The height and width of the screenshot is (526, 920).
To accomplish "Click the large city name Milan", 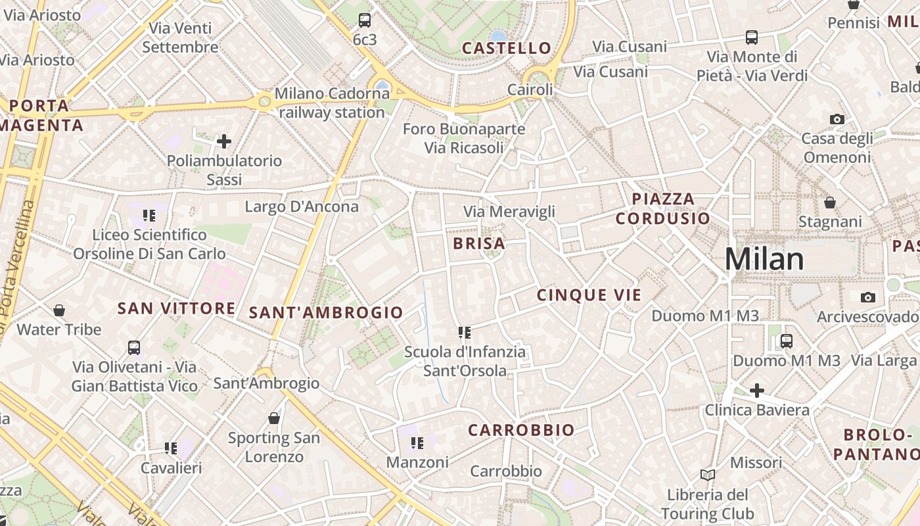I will coord(764,259).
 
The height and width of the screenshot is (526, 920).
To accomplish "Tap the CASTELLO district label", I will coord(506,48).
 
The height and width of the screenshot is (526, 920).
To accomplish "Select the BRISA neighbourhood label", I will coord(479,243).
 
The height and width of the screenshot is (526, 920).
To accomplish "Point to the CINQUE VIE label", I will coord(589,295).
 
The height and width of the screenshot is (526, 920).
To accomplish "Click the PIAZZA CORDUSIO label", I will coord(663,208).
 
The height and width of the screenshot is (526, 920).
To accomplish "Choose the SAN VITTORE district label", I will coord(176,308).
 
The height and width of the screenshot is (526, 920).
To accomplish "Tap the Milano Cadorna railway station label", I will coord(332,103).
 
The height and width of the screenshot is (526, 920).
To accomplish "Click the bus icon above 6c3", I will coord(365,20).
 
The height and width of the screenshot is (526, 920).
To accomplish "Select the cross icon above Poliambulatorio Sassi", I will coord(224,141).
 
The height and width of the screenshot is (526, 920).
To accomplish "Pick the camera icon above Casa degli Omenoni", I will coord(837,119).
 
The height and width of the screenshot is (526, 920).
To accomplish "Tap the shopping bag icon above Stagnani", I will coord(830,202).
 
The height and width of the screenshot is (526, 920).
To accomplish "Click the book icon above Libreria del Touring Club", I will coord(708,475).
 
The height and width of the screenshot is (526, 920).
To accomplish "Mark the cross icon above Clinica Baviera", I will coord(757,391).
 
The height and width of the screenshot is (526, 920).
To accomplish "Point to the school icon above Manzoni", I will coord(416,443).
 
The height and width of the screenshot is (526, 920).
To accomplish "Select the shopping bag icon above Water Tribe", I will coord(59,310).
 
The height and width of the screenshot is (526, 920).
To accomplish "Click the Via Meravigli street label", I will coord(509,212).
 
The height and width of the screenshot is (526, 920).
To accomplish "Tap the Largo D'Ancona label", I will coord(302,206).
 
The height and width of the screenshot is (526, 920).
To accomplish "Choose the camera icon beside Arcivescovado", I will coord(868,297).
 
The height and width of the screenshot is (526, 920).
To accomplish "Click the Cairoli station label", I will coord(530,89).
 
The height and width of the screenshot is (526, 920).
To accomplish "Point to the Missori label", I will coord(756,462).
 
